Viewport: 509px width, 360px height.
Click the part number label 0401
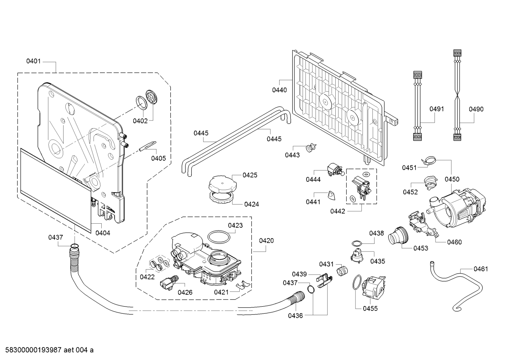(x=34, y=61)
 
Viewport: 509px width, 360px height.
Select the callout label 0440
(x=280, y=90)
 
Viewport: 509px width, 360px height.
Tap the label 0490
(x=476, y=109)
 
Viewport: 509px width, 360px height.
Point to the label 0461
(x=481, y=269)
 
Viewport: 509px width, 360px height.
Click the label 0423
(x=235, y=225)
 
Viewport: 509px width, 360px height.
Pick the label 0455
(x=370, y=309)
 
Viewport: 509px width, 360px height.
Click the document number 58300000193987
(x=33, y=350)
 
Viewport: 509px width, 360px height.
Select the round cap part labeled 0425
(x=222, y=183)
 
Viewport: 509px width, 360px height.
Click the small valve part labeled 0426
(x=169, y=282)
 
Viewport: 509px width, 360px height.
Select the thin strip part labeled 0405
(x=148, y=146)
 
